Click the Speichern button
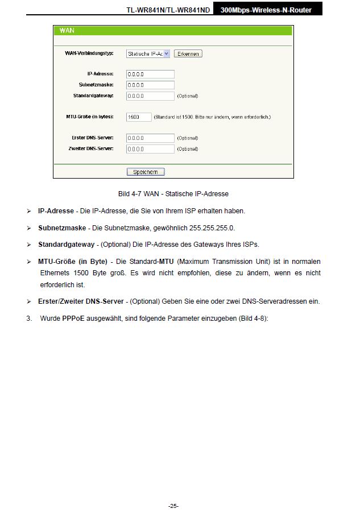tap(145, 172)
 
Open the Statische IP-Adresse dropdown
tap(148, 53)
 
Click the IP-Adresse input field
tap(150, 74)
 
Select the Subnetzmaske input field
tap(150, 85)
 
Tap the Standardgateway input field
tap(150, 96)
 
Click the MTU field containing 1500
tap(139, 117)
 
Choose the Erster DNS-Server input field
tap(150, 138)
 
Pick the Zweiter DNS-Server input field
tap(150, 148)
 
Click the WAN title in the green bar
tap(67, 30)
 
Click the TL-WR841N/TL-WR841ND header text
tap(170, 10)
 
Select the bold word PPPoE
tap(73, 318)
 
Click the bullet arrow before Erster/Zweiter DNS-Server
tap(28, 301)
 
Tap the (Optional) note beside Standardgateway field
tap(188, 96)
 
